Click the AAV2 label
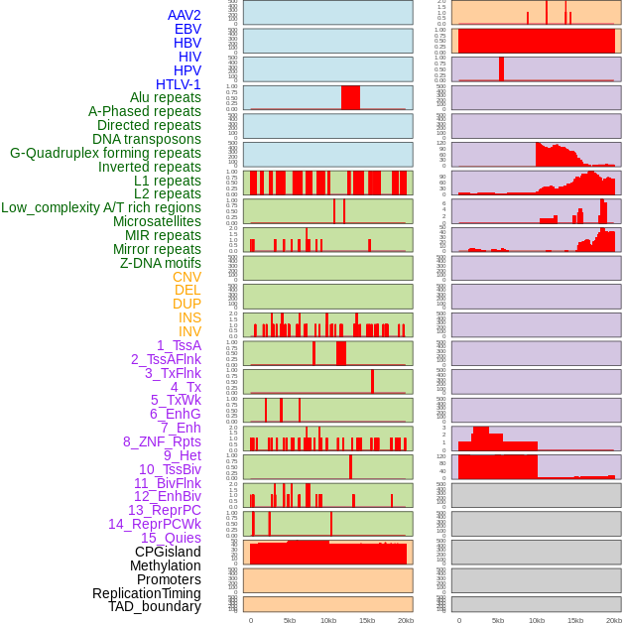(184, 15)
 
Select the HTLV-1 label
(178, 84)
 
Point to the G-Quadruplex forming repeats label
(105, 153)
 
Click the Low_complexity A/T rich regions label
(100, 207)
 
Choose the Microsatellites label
(157, 221)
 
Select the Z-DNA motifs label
(160, 263)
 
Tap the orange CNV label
(187, 277)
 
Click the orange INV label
(189, 331)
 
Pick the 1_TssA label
(179, 345)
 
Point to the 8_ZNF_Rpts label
(162, 441)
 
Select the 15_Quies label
(171, 538)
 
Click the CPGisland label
(168, 552)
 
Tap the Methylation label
(165, 565)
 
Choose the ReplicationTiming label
(146, 593)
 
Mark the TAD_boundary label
(154, 606)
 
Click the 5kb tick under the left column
(290, 620)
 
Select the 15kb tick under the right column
(574, 620)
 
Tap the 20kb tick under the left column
(406, 620)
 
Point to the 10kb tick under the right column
(536, 620)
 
